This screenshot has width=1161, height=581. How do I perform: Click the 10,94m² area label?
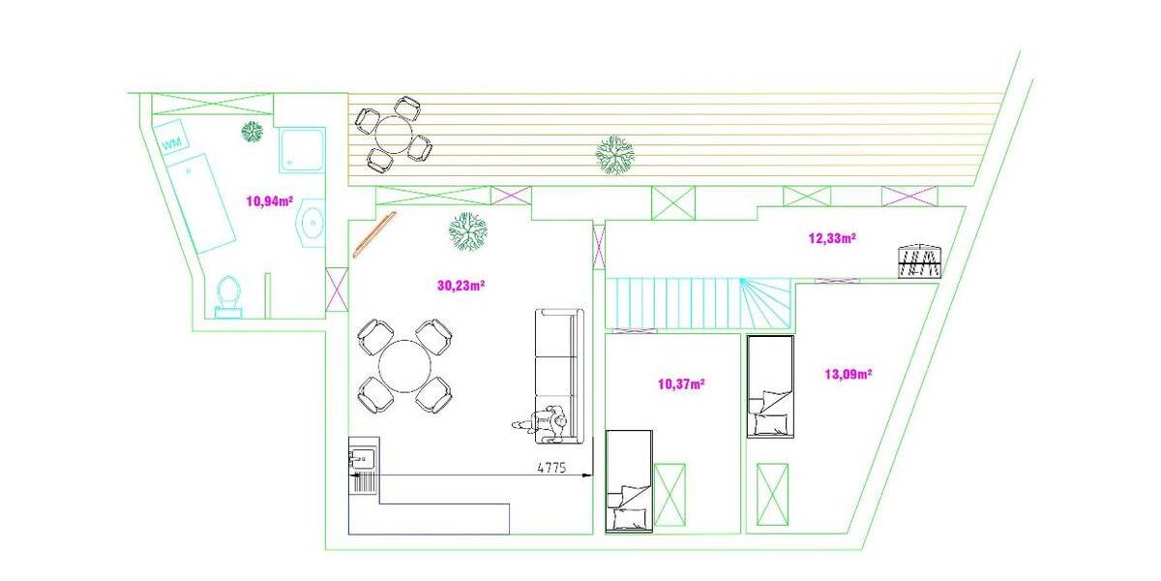coord(269,201)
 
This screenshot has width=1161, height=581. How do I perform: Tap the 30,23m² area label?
coord(461,286)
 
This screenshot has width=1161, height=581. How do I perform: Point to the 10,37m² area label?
coord(680,383)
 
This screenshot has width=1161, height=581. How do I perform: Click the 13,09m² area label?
coord(848,374)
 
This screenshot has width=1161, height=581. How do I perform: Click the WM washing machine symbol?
coord(172,143)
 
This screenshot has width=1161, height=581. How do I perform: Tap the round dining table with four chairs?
coord(404,365)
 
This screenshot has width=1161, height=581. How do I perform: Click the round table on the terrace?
coord(393,133)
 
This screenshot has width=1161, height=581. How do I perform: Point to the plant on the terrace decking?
coord(614,154)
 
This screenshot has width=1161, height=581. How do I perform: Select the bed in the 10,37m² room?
coord(629,480)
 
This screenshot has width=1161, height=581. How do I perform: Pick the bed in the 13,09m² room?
coord(770,385)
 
